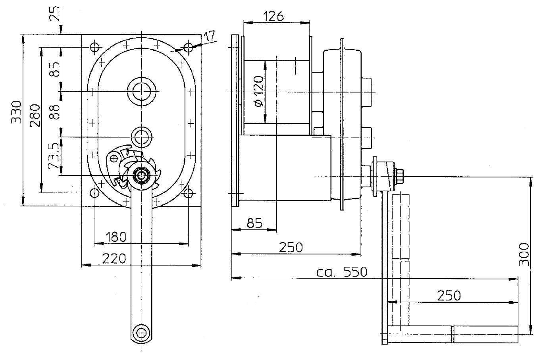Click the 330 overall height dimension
[x=16, y=112]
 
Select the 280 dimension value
[x=35, y=115]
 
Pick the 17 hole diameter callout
[x=209, y=37]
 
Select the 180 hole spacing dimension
[x=116, y=237]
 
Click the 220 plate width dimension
[x=114, y=258]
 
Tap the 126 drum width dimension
[x=274, y=16]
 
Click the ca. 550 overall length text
[x=342, y=272]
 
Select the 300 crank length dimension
[x=524, y=254]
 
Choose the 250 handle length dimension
[x=449, y=296]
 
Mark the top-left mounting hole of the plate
[x=94, y=47]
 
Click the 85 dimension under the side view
[x=254, y=223]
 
